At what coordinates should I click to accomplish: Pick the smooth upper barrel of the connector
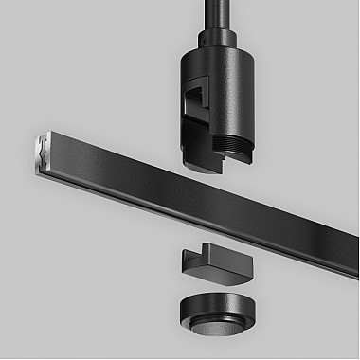[227, 81]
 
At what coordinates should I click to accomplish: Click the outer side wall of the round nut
[237, 327]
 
